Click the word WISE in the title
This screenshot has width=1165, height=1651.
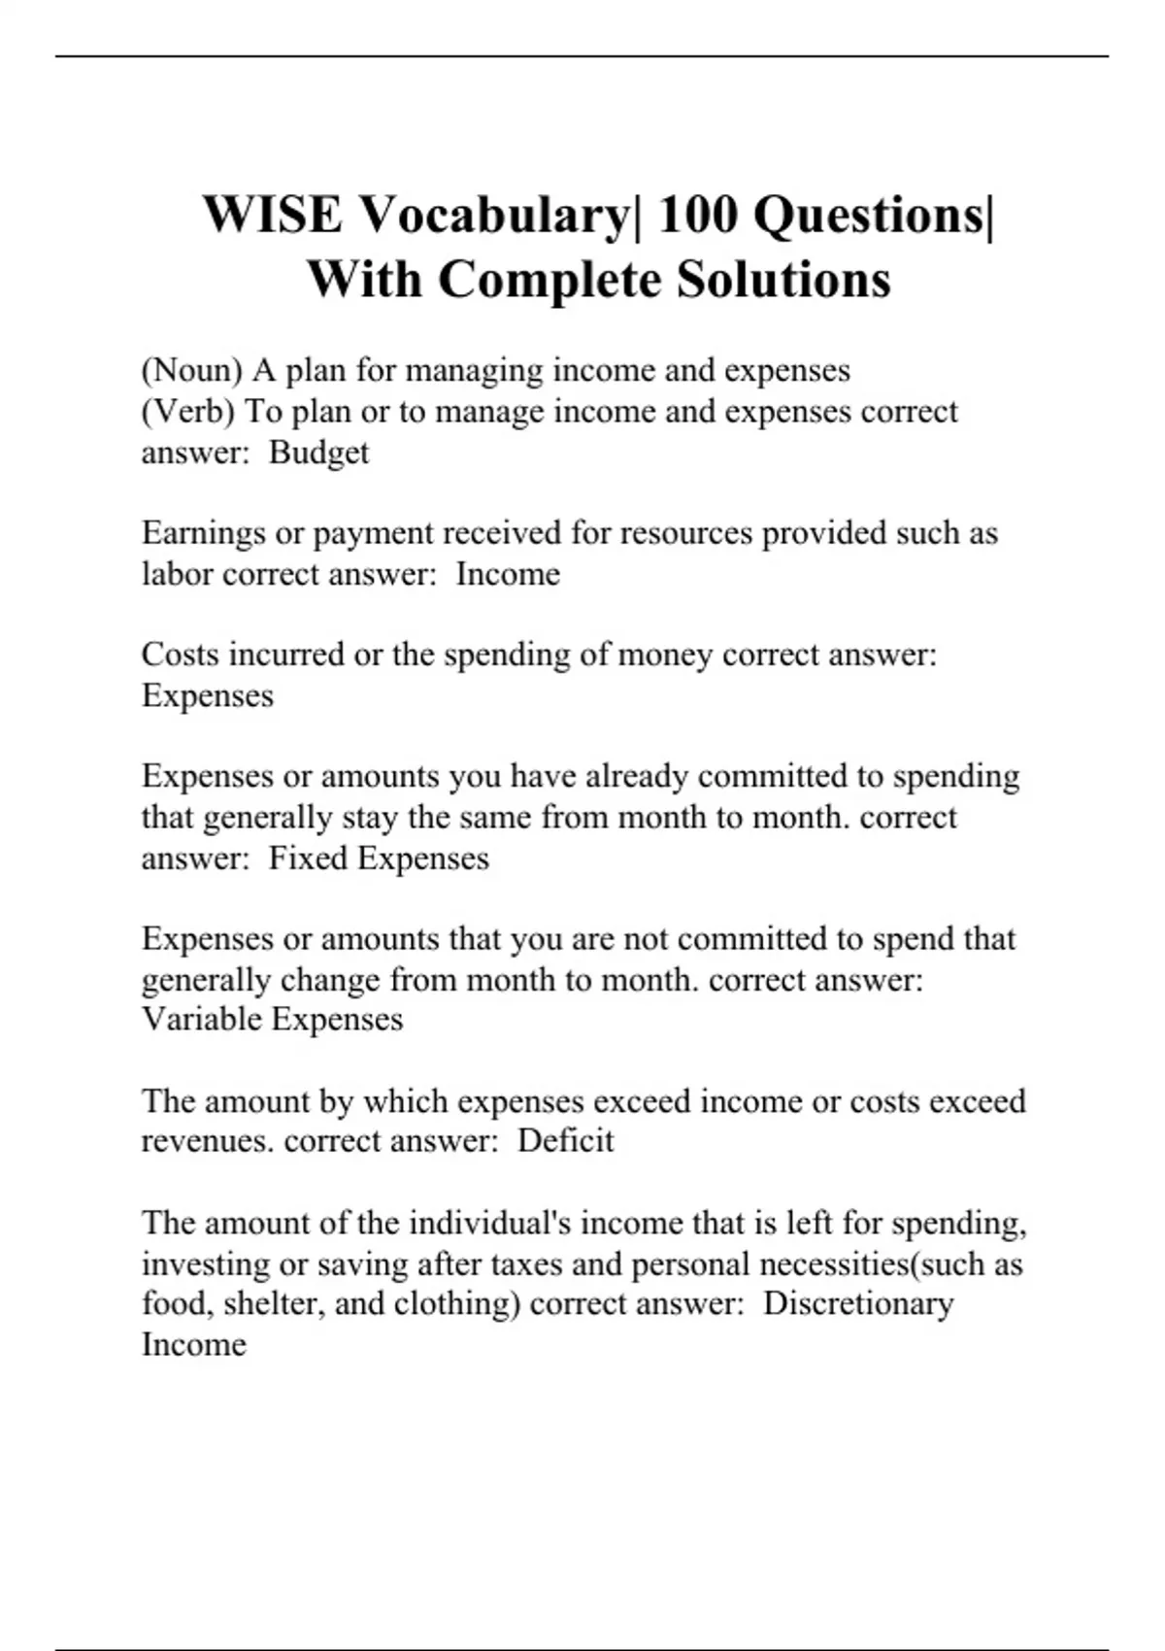[273, 214]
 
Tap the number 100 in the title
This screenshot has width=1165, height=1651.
[697, 214]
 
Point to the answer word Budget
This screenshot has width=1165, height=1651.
[318, 454]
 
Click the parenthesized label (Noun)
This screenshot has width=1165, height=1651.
[191, 371]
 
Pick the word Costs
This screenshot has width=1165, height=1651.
[180, 655]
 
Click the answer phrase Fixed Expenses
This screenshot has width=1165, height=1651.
[379, 859]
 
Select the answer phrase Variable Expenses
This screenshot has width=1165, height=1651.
[272, 1019]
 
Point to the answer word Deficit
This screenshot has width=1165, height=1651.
[565, 1140]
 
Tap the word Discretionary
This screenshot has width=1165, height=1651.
[858, 1304]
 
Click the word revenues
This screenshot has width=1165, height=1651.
[208, 1141]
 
